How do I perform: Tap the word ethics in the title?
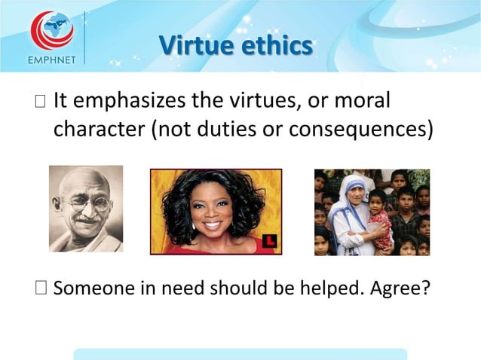(x=274, y=46)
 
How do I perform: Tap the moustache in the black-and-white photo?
(x=85, y=218)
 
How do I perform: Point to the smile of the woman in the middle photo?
(x=213, y=225)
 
